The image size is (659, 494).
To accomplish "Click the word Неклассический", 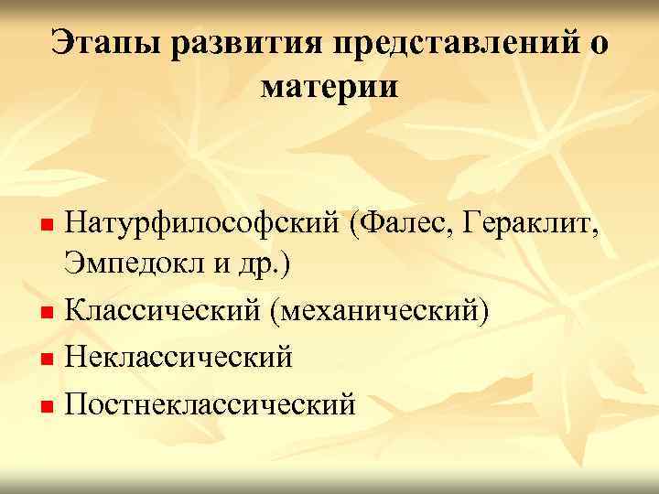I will tap(179, 357).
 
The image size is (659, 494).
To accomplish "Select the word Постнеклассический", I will tap(210, 402).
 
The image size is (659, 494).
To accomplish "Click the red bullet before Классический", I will tap(51, 314).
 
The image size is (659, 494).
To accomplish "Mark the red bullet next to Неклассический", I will tap(51, 359).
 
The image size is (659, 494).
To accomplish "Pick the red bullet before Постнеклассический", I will tap(51, 403).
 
